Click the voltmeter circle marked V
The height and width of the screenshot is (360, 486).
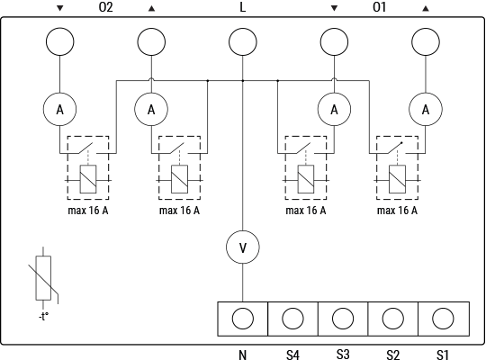pos(242,247)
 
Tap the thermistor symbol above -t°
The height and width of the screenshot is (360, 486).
pos(42,277)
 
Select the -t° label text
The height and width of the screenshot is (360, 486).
pos(42,316)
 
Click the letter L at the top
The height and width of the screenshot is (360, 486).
pos(242,7)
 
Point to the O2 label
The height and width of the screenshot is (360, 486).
pos(105,7)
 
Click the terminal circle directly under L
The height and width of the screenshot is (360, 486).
pos(242,41)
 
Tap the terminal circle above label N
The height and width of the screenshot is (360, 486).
pos(242,319)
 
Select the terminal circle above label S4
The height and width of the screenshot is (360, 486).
pos(292,319)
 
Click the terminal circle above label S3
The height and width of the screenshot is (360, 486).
pos(343,319)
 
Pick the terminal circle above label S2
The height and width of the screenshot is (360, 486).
pos(392,319)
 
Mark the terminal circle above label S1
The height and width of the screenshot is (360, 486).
pos(443,319)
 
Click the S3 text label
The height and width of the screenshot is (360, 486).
pos(343,354)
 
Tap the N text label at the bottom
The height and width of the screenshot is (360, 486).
pos(242,355)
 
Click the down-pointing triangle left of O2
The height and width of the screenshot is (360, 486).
pos(60,7)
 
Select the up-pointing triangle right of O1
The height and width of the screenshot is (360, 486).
pos(425,7)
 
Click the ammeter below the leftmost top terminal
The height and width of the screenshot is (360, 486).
pos(60,110)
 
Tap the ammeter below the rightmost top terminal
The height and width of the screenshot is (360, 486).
pos(425,110)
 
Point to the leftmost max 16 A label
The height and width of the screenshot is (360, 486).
pos(89,211)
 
